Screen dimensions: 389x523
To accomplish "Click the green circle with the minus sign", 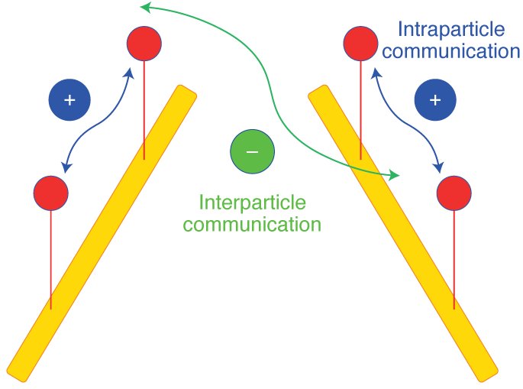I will click(253, 151).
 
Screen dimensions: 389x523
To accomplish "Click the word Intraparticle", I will click(451, 31).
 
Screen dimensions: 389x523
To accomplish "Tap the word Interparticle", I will click(252, 203).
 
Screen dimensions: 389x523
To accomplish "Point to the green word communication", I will click(252, 225).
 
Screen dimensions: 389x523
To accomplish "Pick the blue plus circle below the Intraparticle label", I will click(435, 100).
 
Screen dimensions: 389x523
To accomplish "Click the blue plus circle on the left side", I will click(69, 99).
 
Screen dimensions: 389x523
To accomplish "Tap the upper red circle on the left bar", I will click(144, 44).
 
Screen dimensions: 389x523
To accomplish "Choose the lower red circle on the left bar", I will click(51, 193).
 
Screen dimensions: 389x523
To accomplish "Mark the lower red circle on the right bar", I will click(454, 193).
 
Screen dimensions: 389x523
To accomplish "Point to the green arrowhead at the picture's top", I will click(145, 8).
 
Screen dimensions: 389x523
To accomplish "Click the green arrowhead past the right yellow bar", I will click(394, 176).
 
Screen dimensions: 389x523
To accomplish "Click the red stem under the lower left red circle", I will click(51, 260).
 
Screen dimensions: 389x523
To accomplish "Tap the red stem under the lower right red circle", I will click(454, 260).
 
